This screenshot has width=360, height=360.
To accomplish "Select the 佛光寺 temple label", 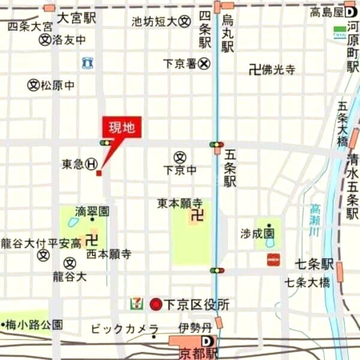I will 278,70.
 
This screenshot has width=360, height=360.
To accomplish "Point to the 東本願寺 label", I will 180,203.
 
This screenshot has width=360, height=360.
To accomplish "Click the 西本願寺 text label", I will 109,254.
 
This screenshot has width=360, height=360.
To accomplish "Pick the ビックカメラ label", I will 124,329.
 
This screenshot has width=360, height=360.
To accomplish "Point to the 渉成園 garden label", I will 257,233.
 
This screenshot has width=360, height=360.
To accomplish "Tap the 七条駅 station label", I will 314,264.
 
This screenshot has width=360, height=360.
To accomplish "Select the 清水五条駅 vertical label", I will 352,186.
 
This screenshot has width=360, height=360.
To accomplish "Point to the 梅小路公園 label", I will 35,325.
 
